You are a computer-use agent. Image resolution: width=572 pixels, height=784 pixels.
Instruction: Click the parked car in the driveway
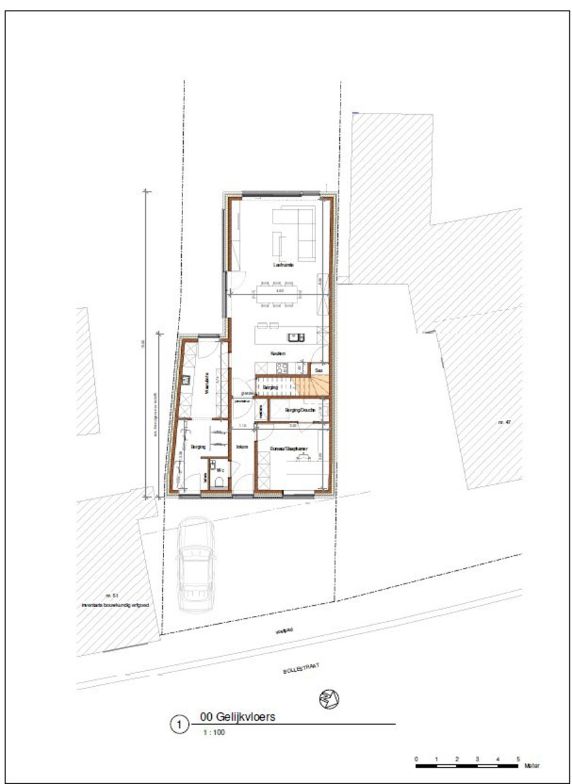(x=194, y=565)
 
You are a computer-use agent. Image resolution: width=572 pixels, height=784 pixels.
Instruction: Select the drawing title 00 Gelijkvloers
(x=237, y=717)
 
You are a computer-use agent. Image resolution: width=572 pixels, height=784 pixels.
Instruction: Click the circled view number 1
(x=178, y=725)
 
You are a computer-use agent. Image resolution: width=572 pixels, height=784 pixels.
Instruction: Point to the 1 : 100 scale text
(x=215, y=732)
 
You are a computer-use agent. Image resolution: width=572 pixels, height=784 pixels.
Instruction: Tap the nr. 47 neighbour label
(x=503, y=423)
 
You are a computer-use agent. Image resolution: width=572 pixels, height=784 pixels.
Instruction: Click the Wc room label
(x=221, y=469)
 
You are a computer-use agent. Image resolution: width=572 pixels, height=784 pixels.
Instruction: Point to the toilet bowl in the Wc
(x=220, y=482)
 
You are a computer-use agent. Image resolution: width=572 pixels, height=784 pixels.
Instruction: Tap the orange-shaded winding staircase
(x=305, y=387)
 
